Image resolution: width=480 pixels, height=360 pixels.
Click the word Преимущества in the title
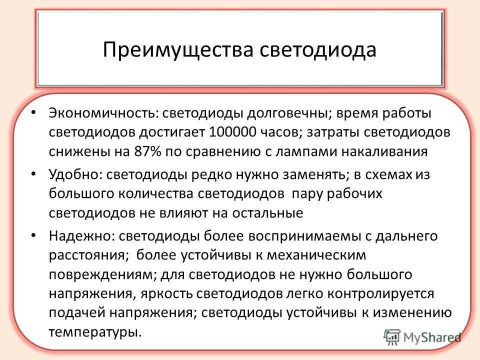178,50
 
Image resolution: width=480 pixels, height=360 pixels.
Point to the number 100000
232,132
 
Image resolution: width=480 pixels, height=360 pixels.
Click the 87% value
147,151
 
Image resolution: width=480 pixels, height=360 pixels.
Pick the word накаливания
384,151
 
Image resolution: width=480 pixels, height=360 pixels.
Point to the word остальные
267,213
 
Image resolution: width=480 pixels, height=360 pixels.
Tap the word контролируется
380,294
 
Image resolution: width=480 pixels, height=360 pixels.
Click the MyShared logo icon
392,337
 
